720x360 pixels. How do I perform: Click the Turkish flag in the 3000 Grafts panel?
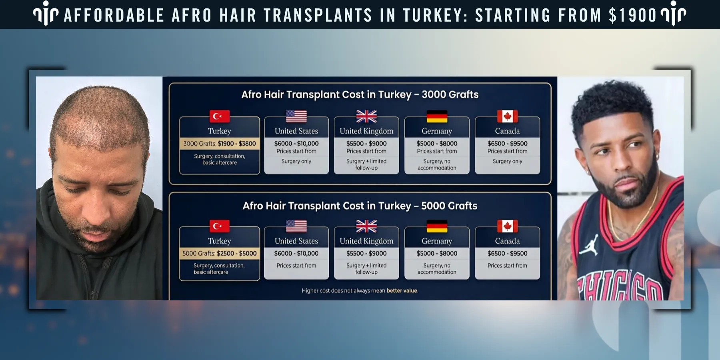pos(220,116)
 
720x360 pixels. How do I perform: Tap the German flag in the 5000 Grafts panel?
pos(437,226)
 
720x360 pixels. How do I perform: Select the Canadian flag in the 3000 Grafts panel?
pos(507,116)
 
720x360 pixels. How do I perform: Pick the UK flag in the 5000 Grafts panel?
pos(366,226)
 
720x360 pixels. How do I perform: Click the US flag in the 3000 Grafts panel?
pos(296,116)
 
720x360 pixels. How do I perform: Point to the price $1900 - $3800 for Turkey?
pos(237,144)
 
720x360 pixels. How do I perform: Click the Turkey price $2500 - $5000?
pos(237,254)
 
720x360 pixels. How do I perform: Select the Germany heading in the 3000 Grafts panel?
pos(437,131)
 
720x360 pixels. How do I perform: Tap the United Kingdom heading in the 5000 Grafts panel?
pos(366,241)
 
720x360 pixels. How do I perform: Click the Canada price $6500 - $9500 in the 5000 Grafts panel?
pos(507,254)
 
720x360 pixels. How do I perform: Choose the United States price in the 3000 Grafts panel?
pos(296,144)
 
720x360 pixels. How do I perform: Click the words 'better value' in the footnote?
pos(402,291)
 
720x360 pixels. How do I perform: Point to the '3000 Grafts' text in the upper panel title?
pos(450,95)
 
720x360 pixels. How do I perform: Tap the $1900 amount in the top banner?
pos(632,15)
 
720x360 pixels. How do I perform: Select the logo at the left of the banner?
pos(46,14)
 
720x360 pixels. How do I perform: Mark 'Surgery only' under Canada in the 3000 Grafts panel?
pos(507,162)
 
